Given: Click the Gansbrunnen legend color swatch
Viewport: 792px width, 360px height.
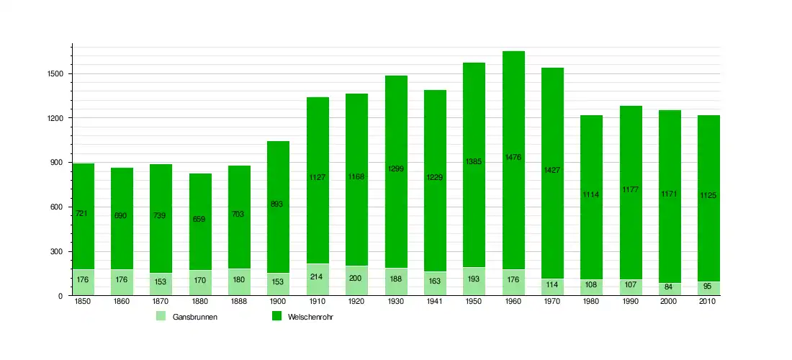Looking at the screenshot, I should click(x=161, y=316).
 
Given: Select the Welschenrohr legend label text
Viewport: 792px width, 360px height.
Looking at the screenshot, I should click(x=310, y=317).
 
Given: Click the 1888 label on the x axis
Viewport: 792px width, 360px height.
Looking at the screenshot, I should click(x=239, y=302).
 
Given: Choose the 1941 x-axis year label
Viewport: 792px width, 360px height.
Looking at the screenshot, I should click(x=435, y=302).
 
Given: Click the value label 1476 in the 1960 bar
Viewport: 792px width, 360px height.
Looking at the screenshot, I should click(x=513, y=157).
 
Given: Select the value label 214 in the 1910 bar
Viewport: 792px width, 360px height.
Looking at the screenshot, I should click(x=318, y=276).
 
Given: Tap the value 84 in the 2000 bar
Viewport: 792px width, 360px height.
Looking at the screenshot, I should click(x=670, y=287).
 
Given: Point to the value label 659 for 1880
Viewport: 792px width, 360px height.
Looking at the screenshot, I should click(x=200, y=219).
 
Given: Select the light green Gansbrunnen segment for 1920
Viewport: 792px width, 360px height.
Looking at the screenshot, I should click(x=356, y=280).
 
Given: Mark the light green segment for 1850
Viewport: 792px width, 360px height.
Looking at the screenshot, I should click(x=83, y=282).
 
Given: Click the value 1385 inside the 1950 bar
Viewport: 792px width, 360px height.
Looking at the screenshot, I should click(x=473, y=162).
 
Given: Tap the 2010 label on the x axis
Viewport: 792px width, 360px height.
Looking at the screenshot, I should click(x=708, y=302).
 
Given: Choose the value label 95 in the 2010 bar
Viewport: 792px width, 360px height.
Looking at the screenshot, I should click(x=708, y=286).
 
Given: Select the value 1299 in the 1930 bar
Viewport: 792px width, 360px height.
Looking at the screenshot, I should click(x=395, y=169).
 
